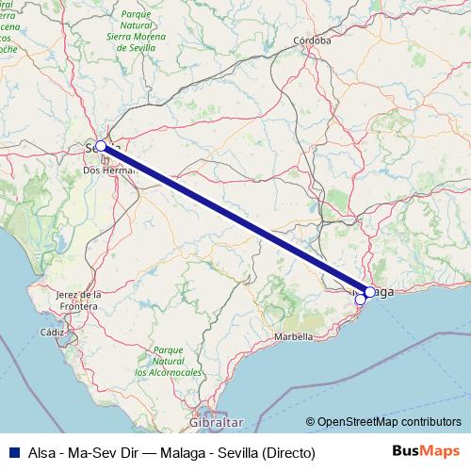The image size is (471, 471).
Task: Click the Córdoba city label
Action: tap(313, 41)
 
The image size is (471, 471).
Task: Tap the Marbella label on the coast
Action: tap(294, 336)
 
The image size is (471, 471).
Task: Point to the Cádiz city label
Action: tap(52, 333)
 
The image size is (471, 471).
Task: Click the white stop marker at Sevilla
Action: tap(101, 146)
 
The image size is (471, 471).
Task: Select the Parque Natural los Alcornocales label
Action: tap(168, 361)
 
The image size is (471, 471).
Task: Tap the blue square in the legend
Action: tap(10, 452)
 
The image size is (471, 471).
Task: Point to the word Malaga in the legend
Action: tap(183, 452)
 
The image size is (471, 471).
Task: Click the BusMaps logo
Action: tap(425, 451)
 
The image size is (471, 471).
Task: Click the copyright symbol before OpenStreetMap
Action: tap(310, 422)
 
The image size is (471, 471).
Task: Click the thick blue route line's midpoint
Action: tap(235, 219)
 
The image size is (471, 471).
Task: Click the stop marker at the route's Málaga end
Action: tap(370, 292)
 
